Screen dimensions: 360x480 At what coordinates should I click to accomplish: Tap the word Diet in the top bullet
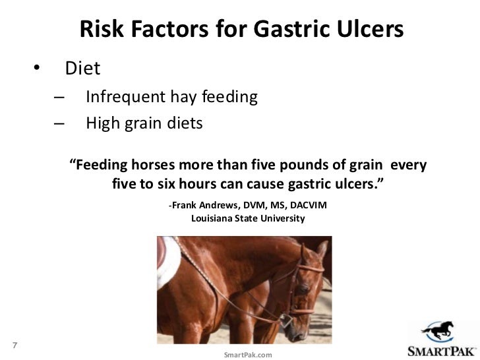(82, 68)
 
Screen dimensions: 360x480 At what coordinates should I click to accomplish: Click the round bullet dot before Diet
(38, 69)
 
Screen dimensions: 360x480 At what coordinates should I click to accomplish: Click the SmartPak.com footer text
(247, 355)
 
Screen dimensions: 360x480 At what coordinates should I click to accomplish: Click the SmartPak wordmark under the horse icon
(440, 349)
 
